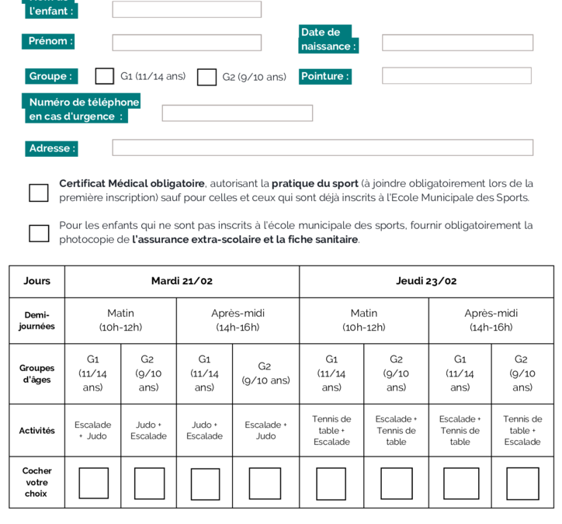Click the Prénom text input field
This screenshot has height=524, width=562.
186,43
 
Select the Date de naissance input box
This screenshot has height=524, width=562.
457,43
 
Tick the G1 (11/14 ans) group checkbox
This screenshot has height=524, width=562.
104,76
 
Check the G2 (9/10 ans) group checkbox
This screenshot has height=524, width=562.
206,77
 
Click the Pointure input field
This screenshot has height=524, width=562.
456,76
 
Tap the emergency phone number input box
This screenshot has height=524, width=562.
237,113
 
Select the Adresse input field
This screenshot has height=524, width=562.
322,147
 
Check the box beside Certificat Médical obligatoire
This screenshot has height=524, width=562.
38,193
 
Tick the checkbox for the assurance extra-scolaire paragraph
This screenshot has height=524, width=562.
38,233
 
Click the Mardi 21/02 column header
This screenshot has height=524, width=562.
182,281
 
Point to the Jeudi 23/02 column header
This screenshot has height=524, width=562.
426,281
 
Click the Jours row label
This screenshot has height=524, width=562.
36,281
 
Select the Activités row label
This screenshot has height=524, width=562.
36,430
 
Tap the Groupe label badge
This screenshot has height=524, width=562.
51,76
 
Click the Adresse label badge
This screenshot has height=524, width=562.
52,148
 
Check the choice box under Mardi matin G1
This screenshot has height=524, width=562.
93,483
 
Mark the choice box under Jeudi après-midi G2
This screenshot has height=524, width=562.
522,483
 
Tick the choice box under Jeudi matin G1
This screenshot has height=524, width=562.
331,483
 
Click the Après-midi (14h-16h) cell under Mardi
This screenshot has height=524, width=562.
238,320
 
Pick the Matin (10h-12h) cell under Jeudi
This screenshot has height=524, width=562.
363,320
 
